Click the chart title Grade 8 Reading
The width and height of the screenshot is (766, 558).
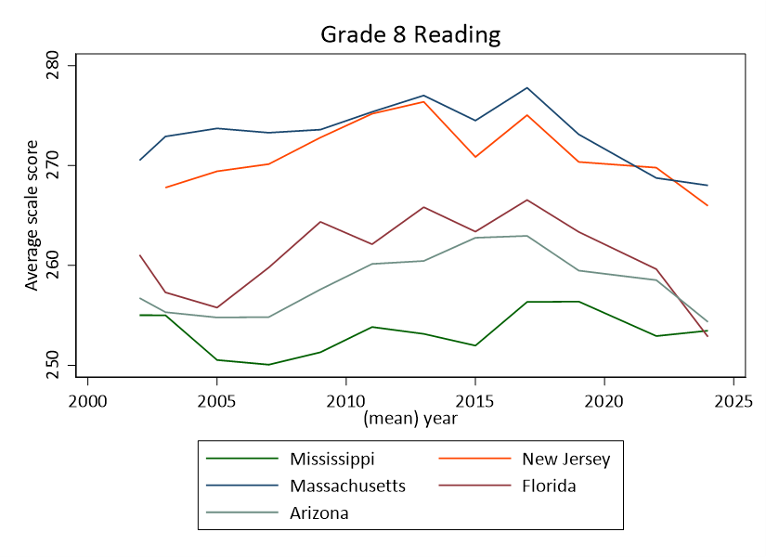coord(410,35)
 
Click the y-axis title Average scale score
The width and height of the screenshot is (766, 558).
coord(32,215)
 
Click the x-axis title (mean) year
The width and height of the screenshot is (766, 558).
coord(410,418)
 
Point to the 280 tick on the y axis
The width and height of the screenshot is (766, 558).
coord(53,67)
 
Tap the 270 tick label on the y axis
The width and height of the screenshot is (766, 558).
coord(53,166)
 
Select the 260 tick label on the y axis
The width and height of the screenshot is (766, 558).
coord(53,266)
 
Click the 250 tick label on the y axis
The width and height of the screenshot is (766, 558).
coord(53,364)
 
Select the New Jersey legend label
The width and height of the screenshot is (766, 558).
coord(565,459)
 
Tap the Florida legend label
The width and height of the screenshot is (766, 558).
coord(549,486)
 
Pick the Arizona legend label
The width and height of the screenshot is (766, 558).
coord(318,513)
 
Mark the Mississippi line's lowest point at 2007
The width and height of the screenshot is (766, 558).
coord(268,364)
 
